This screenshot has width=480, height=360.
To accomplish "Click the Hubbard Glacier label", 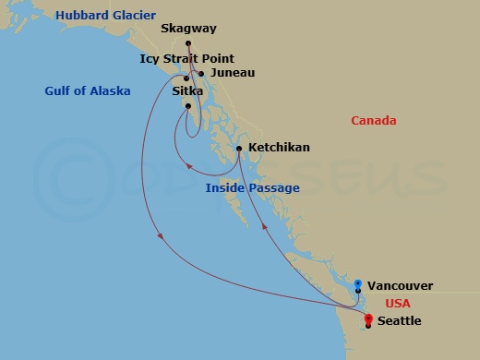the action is coord(105,15).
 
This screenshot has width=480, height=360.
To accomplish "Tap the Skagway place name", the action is coord(189,29).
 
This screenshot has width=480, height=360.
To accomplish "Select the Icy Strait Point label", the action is coord(186,58).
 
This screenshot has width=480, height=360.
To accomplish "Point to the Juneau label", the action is coord(232,72).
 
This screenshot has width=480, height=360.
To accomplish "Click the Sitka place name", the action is coord(187,90).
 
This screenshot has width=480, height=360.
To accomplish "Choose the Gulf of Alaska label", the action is coord(87,90).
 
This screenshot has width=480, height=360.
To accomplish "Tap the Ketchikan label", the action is coord(278,147).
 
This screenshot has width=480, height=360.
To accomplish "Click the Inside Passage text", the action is coord(252,188).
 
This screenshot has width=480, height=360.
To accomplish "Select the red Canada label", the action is coord(374,120).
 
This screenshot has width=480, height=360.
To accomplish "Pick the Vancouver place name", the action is coord(400,286).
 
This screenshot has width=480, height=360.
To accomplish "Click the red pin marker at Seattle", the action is coord(368,319).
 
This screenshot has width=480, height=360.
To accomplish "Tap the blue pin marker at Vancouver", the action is coord(358,283).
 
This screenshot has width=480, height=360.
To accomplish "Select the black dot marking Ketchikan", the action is coord(239,149).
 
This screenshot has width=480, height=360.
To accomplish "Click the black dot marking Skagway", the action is coord(188,43).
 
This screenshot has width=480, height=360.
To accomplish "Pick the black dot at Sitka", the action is coord(187,105).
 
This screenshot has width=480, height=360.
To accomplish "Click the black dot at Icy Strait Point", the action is coord(187,78).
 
